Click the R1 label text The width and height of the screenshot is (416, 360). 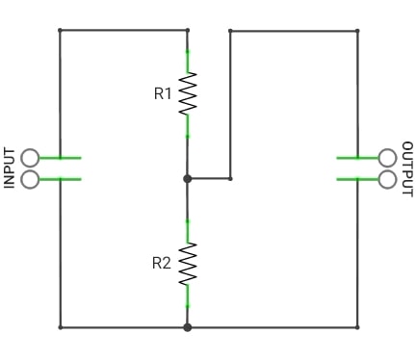pos(163,93)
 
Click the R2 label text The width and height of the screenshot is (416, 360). pos(162,263)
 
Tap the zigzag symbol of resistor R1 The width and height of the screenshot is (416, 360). pos(188,93)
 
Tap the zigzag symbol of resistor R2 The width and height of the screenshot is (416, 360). pos(188,264)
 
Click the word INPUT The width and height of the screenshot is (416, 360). pos(10,167)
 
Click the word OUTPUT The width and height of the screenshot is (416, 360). pos(407,168)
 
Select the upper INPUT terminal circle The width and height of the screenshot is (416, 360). pos(30,158)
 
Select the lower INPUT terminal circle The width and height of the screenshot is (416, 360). pos(30,179)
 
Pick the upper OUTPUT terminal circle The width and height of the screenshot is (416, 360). pos(387,158)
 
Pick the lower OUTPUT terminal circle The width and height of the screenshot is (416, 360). pos(387,179)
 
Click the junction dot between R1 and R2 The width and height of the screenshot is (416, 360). pos(188,179)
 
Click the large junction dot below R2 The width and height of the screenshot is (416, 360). pos(188,327)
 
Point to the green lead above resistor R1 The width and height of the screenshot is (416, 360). pos(188,62)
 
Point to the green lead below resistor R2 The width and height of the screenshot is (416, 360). pos(188,296)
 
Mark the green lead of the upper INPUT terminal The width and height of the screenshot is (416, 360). pos(60,158)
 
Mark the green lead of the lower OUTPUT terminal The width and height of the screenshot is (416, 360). pos(357,179)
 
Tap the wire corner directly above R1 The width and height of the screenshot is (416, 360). pos(188,30)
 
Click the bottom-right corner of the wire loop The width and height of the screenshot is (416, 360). pos(357,327)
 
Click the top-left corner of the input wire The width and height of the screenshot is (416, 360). pos(60,30)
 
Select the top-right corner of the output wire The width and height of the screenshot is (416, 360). pos(357,31)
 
